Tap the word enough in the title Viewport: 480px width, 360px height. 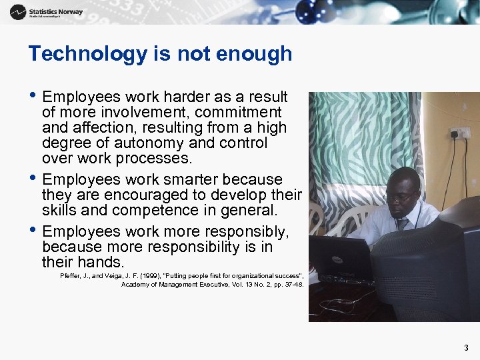[261, 53]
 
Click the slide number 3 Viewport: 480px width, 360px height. [466, 347]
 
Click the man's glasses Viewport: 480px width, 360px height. [403, 198]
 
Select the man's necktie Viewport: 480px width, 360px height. [401, 224]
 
